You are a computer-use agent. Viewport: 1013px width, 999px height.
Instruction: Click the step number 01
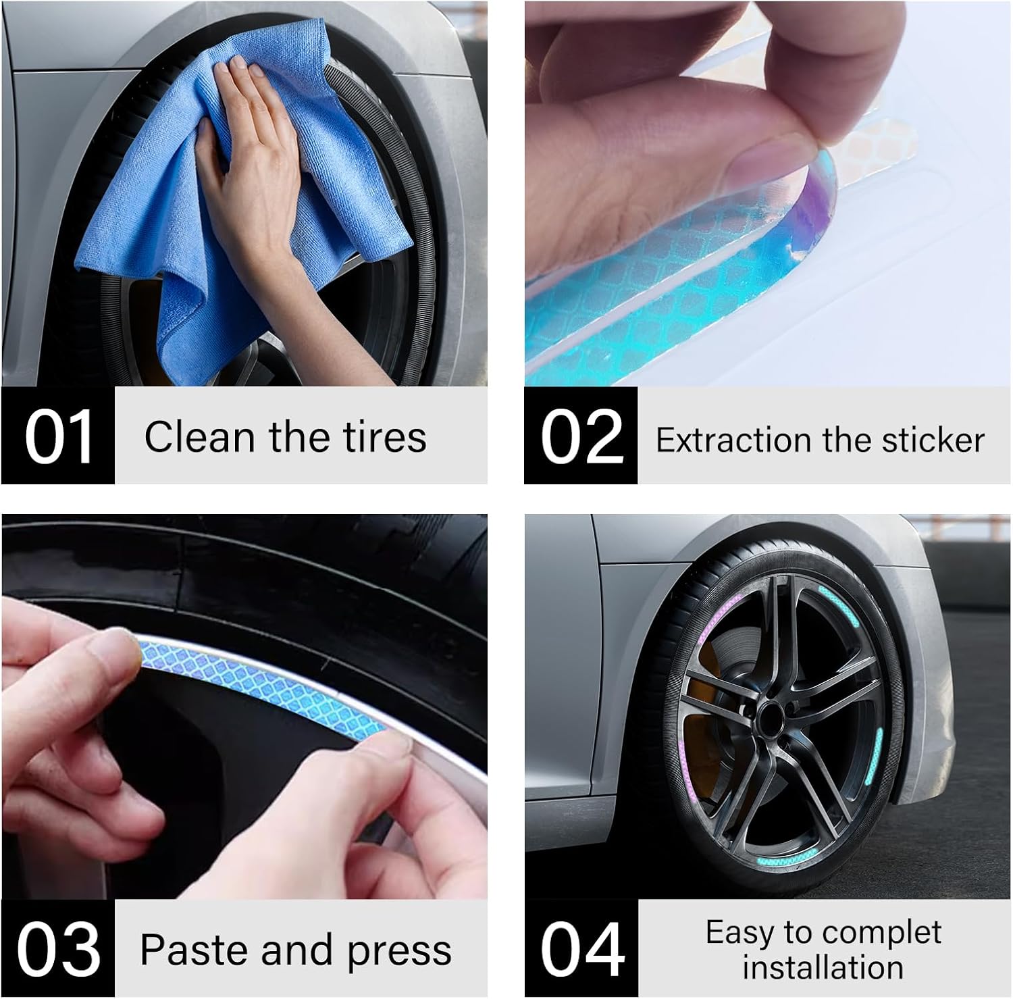tap(59, 437)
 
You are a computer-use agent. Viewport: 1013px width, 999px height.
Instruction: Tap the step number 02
tap(582, 437)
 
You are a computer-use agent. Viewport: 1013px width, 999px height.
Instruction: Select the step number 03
tap(59, 949)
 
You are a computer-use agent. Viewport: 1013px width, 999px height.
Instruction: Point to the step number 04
tap(582, 949)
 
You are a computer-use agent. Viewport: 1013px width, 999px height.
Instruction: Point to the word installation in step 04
tap(823, 967)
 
